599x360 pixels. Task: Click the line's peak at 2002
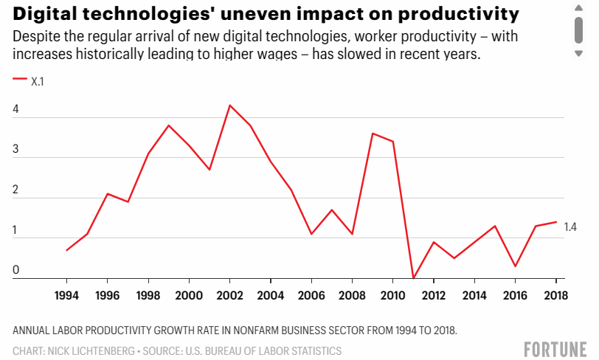229,105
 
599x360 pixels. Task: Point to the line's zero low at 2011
413,277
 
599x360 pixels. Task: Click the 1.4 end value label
570,227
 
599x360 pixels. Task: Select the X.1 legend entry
28,81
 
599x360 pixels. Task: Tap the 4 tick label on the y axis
15,109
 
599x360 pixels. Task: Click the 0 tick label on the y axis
15,270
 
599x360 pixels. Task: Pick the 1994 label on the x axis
66,295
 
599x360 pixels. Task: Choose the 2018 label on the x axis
555,295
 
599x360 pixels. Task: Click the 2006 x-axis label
311,295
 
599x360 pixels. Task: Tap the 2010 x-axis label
392,295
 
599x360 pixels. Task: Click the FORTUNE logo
555,350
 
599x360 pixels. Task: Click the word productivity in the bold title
459,14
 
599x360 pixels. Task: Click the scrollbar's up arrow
579,8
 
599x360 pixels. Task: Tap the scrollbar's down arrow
579,54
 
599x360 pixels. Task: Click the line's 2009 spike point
373,134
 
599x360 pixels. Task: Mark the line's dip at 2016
516,266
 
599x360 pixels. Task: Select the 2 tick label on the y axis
15,190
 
